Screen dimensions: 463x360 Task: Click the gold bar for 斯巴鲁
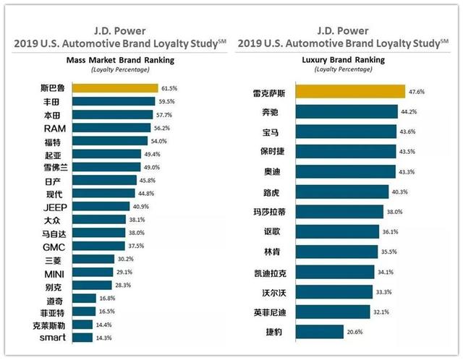pos(115,88)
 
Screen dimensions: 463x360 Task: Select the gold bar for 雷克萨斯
pos(350,92)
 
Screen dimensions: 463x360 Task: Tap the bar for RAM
pos(111,128)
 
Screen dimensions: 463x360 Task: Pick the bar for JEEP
pos(101,206)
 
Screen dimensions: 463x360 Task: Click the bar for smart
pos(82,338)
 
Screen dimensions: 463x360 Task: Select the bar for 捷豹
pos(320,332)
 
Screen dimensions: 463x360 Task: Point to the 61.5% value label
pos(169,88)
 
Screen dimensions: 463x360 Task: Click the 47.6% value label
pos(417,92)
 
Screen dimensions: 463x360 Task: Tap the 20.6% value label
pos(354,332)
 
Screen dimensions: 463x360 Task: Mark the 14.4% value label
pos(103,325)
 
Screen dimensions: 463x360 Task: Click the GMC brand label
pos(54,247)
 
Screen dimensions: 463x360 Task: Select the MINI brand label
pos(54,275)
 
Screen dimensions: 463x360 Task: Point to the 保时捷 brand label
pos(272,151)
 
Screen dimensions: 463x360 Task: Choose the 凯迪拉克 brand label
pos(271,273)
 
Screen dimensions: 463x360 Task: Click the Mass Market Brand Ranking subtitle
pos(121,60)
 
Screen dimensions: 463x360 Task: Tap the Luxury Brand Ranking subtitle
pos(344,60)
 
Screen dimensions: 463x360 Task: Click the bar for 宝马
pos(346,132)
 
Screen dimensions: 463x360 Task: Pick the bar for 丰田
pos(114,101)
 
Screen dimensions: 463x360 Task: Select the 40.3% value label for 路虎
pos(400,192)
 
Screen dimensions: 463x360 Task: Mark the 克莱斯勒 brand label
pos(48,325)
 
